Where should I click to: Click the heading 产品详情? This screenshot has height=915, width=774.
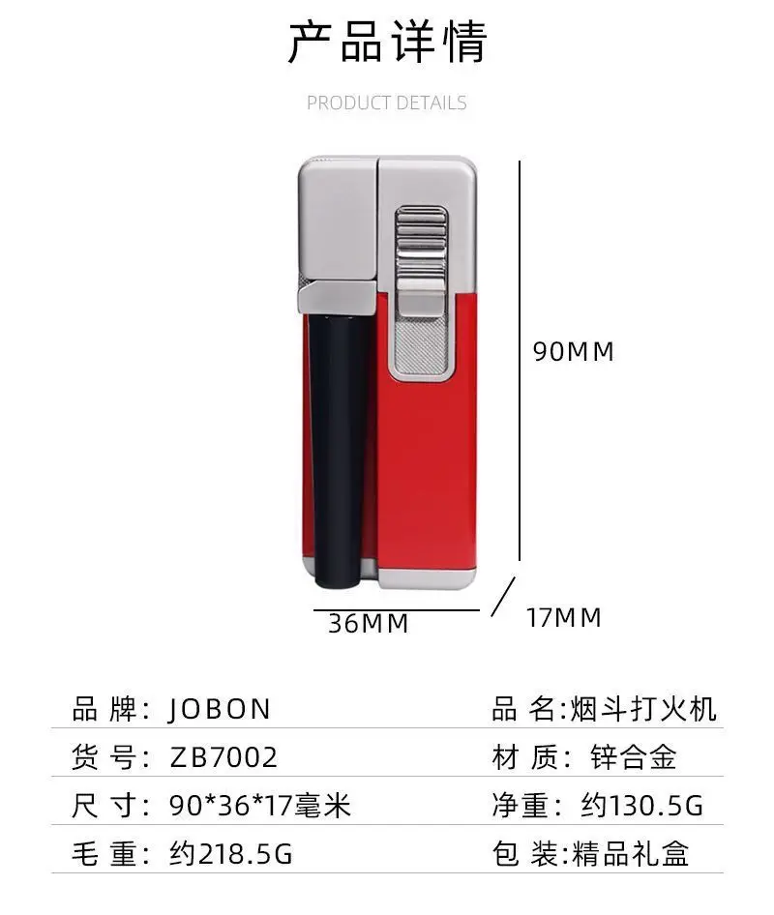click(387, 42)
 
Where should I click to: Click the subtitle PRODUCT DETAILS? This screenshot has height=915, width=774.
click(387, 103)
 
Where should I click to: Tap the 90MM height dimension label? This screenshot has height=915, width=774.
click(574, 352)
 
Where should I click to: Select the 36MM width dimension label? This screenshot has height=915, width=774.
click(369, 624)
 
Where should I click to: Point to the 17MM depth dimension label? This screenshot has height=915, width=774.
click(564, 617)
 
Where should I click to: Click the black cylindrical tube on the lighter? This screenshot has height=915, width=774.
click(338, 445)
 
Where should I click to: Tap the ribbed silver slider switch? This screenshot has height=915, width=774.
click(420, 242)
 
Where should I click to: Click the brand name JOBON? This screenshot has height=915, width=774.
click(220, 709)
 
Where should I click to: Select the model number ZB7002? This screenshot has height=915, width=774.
click(223, 756)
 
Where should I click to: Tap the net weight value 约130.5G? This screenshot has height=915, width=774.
click(641, 805)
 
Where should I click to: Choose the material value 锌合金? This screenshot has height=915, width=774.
click(634, 756)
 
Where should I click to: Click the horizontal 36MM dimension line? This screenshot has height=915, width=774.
click(396, 610)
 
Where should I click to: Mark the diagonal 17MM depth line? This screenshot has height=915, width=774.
click(501, 598)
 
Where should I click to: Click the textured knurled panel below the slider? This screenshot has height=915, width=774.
click(421, 343)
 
